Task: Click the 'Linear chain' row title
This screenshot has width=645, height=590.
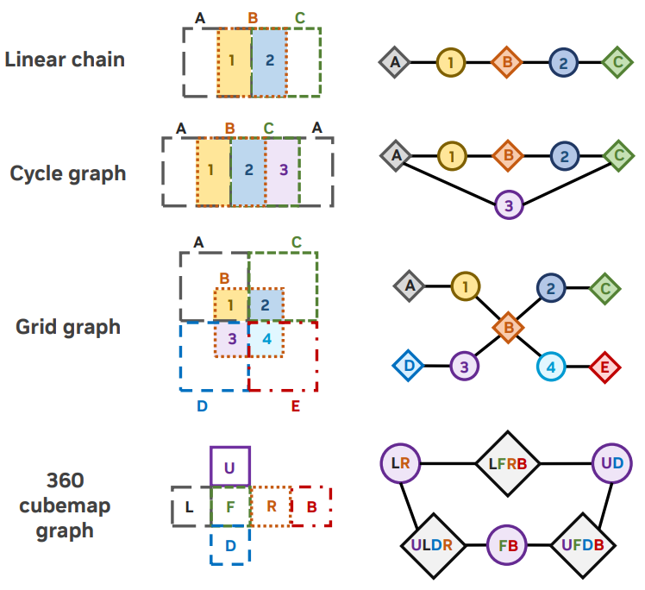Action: pyautogui.click(x=65, y=60)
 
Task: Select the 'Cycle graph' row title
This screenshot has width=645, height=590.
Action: pyautogui.click(x=68, y=173)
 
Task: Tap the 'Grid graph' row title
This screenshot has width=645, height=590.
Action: pyautogui.click(x=68, y=327)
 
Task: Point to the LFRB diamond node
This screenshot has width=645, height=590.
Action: pyautogui.click(x=508, y=464)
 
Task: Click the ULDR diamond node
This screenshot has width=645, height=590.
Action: pyautogui.click(x=433, y=545)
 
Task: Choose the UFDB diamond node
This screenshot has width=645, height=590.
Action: pyautogui.click(x=583, y=545)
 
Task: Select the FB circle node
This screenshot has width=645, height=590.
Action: pyautogui.click(x=507, y=545)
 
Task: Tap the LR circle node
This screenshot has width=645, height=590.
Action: pyautogui.click(x=400, y=463)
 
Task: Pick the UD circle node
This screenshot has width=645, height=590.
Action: pyautogui.click(x=612, y=463)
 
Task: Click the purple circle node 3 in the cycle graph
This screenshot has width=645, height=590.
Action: pyautogui.click(x=509, y=205)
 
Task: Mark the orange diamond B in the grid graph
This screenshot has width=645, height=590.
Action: pyautogui.click(x=509, y=328)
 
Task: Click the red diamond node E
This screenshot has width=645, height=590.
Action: pyautogui.click(x=604, y=367)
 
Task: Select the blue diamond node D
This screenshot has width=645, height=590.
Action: pyautogui.click(x=409, y=366)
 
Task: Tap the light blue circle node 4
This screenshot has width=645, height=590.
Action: pyautogui.click(x=551, y=367)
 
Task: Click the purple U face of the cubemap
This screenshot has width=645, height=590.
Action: pyautogui.click(x=230, y=466)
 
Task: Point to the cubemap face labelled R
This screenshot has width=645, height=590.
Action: pyautogui.click(x=271, y=506)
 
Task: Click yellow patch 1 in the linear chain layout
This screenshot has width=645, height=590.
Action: pyautogui.click(x=235, y=63)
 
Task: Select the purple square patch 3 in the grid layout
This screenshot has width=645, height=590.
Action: pyautogui.click(x=232, y=339)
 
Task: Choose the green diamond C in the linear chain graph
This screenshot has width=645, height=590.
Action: pyautogui.click(x=617, y=62)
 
